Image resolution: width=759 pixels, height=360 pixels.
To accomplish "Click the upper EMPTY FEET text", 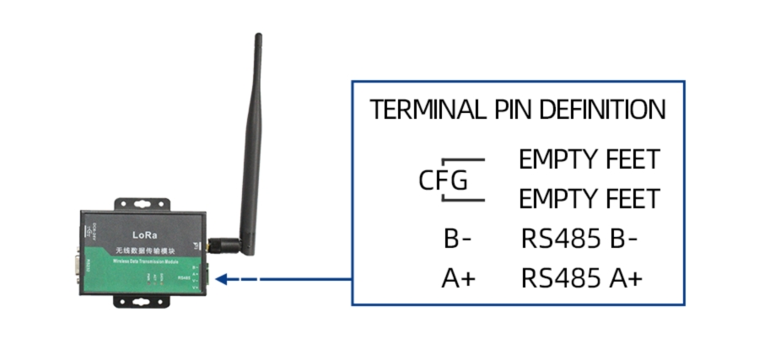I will (x=589, y=159).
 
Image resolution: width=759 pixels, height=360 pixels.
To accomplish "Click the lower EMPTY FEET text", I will (x=589, y=200).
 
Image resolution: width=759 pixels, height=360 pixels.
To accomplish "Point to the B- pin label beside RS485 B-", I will (x=458, y=239).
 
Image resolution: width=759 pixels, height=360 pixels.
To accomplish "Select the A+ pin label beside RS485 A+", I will (x=458, y=278).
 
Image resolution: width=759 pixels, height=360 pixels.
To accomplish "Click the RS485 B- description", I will (x=579, y=239).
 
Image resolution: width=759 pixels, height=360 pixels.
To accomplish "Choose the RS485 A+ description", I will (x=582, y=278).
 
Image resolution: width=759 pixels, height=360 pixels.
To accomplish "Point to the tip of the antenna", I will (x=259, y=37).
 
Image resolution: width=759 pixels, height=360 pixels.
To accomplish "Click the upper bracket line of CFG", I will (x=464, y=159).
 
